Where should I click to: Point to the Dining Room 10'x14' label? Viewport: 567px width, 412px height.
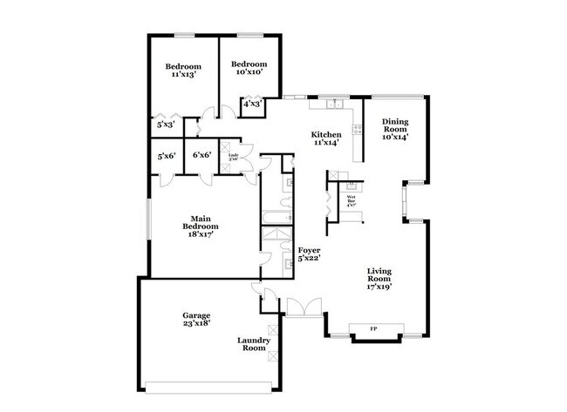point(395,131)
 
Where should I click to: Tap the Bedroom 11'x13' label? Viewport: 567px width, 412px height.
point(183,70)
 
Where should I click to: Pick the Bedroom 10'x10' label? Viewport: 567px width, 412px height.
point(249,68)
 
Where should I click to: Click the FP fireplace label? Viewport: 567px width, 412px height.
point(373,329)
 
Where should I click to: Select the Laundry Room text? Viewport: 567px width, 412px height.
point(252,344)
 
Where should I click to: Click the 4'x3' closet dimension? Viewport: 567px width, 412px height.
point(252,105)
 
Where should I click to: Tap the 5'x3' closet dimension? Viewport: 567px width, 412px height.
point(166,125)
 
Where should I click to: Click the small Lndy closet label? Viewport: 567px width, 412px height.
point(233,158)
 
